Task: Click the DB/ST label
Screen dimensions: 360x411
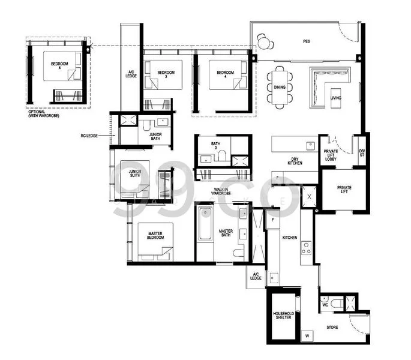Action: coord(362,154)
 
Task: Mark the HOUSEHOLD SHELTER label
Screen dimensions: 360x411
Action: coord(282,316)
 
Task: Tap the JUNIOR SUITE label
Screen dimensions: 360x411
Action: coord(136,174)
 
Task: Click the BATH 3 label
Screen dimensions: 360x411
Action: coord(216,146)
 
